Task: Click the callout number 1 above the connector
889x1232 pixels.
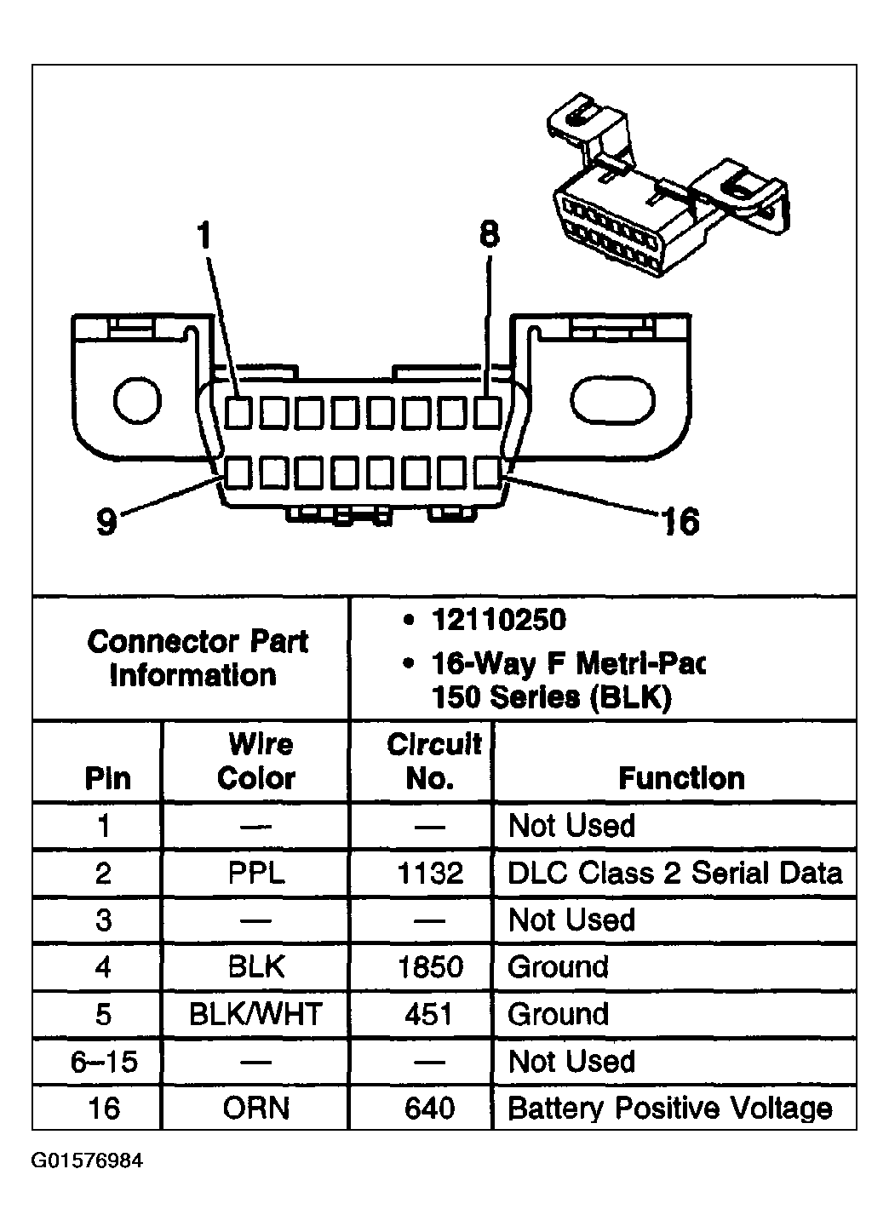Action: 203,235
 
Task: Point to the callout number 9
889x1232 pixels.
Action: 106,521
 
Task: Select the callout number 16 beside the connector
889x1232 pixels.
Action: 680,521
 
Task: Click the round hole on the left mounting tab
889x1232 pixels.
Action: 137,400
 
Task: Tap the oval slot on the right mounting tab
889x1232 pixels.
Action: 613,400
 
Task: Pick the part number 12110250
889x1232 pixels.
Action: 498,620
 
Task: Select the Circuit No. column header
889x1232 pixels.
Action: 432,761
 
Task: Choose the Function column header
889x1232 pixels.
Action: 681,778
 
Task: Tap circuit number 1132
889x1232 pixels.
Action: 430,874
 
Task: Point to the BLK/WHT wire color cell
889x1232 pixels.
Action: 255,1015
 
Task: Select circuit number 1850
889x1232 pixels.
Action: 430,968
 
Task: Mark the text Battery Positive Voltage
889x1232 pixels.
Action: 669,1109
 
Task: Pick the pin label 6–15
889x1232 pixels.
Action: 104,1062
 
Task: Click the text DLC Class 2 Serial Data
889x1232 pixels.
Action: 674,874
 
